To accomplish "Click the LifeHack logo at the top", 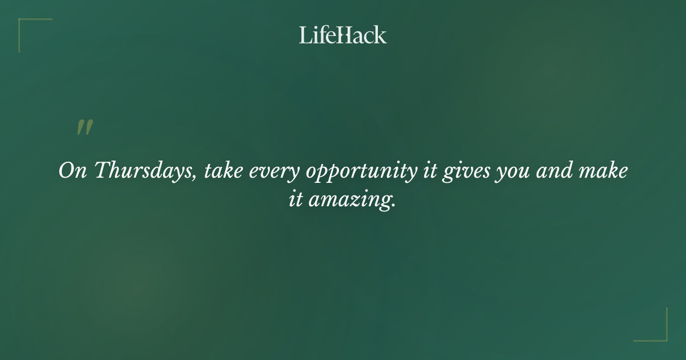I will (343, 35).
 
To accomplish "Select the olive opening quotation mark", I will (85, 127).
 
